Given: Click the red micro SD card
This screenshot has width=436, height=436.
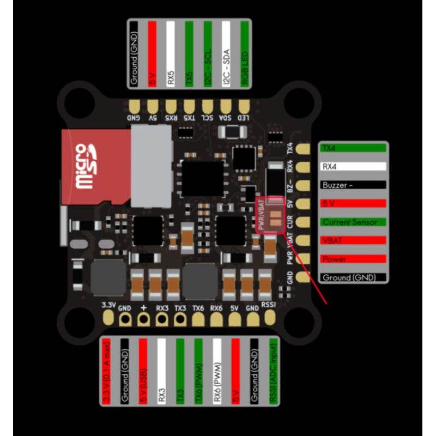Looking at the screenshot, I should point(87,166).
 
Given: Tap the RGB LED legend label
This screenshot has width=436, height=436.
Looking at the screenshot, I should point(244,54).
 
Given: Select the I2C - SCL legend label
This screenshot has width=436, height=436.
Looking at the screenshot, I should point(208,54).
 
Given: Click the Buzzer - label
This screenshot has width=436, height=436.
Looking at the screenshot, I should point(353,185).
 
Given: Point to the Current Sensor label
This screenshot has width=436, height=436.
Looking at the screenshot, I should point(353,222).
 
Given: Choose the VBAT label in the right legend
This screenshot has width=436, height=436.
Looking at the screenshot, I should point(353,240).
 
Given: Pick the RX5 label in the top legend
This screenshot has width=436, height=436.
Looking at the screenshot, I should point(171,54).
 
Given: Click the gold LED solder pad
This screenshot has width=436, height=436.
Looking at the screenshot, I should point(245,105).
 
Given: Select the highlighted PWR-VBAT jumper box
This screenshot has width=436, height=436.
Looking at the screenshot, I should point(269,215).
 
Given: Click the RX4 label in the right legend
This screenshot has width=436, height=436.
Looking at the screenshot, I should point(353,166).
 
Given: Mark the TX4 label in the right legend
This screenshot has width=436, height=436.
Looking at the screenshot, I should point(353,148).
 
